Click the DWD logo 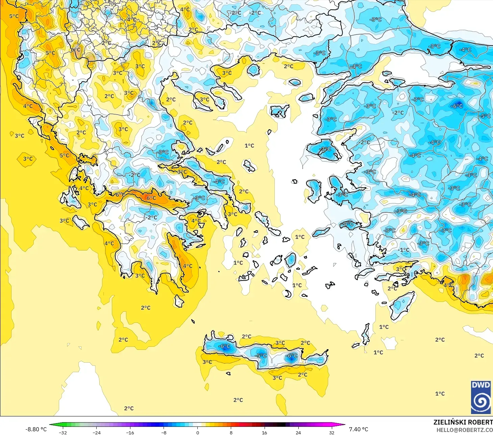tap(481, 397)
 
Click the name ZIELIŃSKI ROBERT tap(463, 422)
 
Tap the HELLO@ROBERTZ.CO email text tap(464, 430)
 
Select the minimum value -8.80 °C tap(36, 429)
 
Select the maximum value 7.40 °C tap(359, 429)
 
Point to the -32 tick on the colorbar tap(63, 432)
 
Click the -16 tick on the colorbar tap(130, 432)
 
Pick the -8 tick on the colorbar tap(164, 432)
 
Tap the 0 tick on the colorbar tap(198, 432)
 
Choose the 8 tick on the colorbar tap(231, 432)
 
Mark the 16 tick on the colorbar tap(265, 432)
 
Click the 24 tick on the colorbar tap(298, 432)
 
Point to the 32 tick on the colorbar tap(332, 432)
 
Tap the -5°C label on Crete tap(261, 356)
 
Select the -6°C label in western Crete tap(224, 346)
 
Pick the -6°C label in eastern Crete tap(292, 356)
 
